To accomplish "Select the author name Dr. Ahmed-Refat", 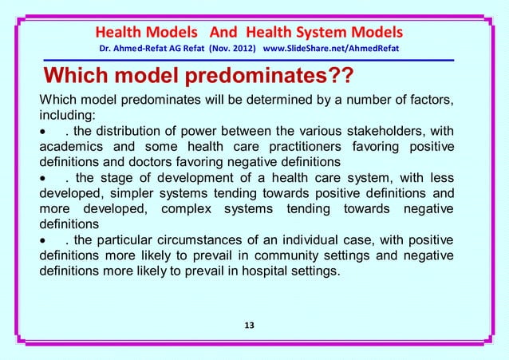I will [129, 50].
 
